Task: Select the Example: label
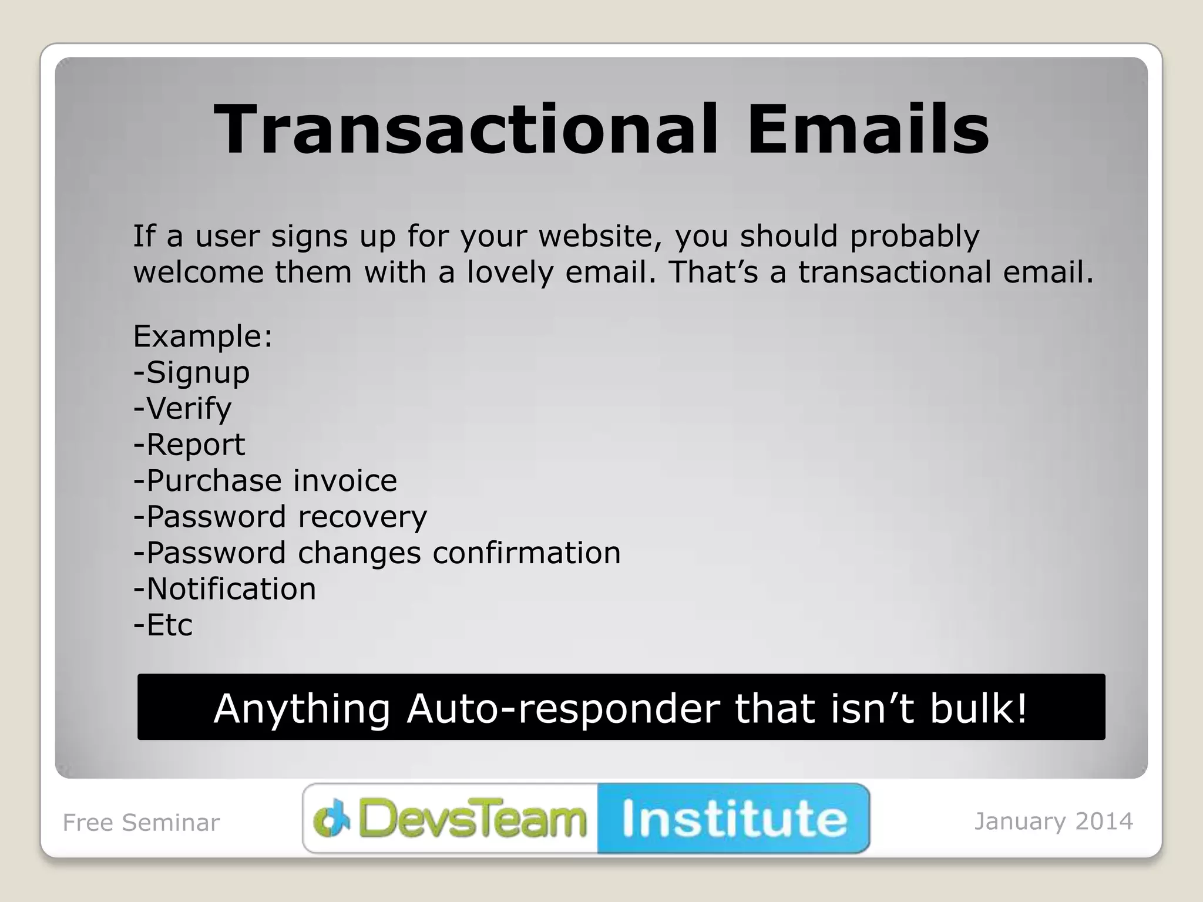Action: [x=203, y=336]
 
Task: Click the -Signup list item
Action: [x=191, y=373]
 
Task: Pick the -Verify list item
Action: [x=182, y=409]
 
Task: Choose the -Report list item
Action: [x=189, y=445]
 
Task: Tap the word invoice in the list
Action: [x=345, y=481]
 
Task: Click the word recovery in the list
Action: [x=362, y=517]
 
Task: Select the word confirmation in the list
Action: [x=526, y=553]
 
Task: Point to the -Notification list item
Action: [x=224, y=589]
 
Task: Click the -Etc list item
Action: [x=163, y=625]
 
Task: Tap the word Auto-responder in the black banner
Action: [x=563, y=708]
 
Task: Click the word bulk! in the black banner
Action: [x=979, y=708]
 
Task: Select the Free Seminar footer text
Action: [x=141, y=823]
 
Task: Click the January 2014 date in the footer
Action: [x=1053, y=822]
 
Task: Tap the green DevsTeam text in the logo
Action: [x=472, y=819]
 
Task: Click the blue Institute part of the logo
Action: [x=734, y=819]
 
